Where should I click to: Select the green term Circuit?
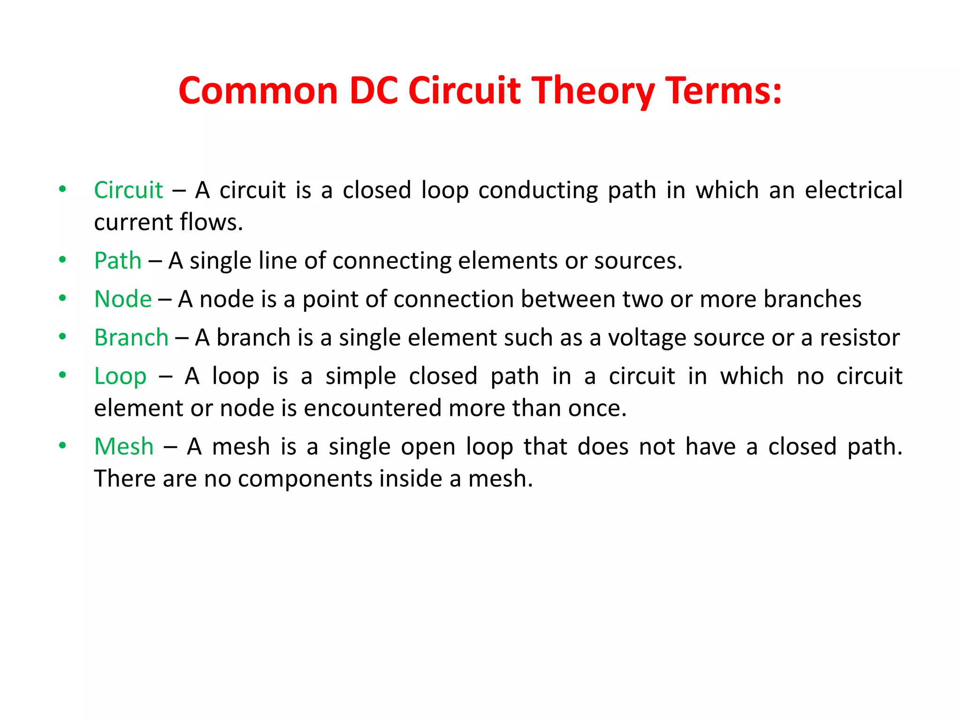pyautogui.click(x=128, y=190)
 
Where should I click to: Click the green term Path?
pyautogui.click(x=118, y=261)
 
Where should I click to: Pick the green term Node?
pyautogui.click(x=123, y=299)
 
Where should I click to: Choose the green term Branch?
pyautogui.click(x=131, y=337)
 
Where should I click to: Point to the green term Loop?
pyautogui.click(x=120, y=376)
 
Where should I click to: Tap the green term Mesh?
pyautogui.click(x=124, y=446)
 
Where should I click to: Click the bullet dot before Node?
pyautogui.click(x=62, y=298)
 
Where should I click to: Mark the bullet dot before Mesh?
pyautogui.click(x=62, y=445)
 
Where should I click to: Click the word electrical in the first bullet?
pyautogui.click(x=854, y=190)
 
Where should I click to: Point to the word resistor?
pyautogui.click(x=860, y=337)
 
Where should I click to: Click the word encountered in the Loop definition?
pyautogui.click(x=373, y=408)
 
